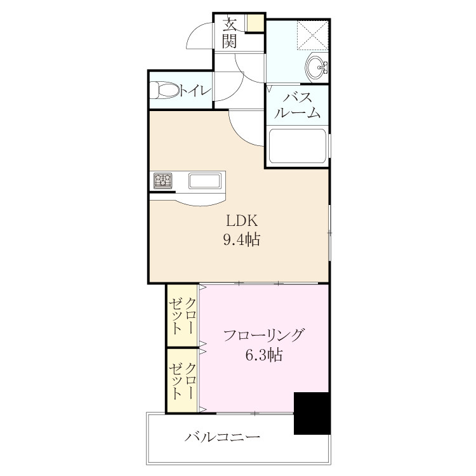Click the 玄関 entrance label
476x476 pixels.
coord(230,33)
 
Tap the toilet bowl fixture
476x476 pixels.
coord(164,89)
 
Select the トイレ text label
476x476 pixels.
coord(195,90)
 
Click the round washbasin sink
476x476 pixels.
coord(315,67)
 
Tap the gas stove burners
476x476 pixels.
coord(162,181)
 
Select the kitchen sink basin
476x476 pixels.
coord(205,181)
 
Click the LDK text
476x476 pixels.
coord(242,221)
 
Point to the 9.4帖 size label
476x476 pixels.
coord(242,239)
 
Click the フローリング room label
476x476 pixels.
coord(263,335)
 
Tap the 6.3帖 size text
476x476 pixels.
coord(264,354)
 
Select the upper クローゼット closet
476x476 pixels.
coord(183,315)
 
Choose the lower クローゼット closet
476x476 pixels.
coord(183,380)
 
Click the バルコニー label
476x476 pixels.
coord(223,437)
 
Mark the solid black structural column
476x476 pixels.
coord(312,413)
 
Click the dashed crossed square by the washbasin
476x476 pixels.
coord(312,35)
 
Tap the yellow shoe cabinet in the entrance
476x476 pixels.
coord(255,23)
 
